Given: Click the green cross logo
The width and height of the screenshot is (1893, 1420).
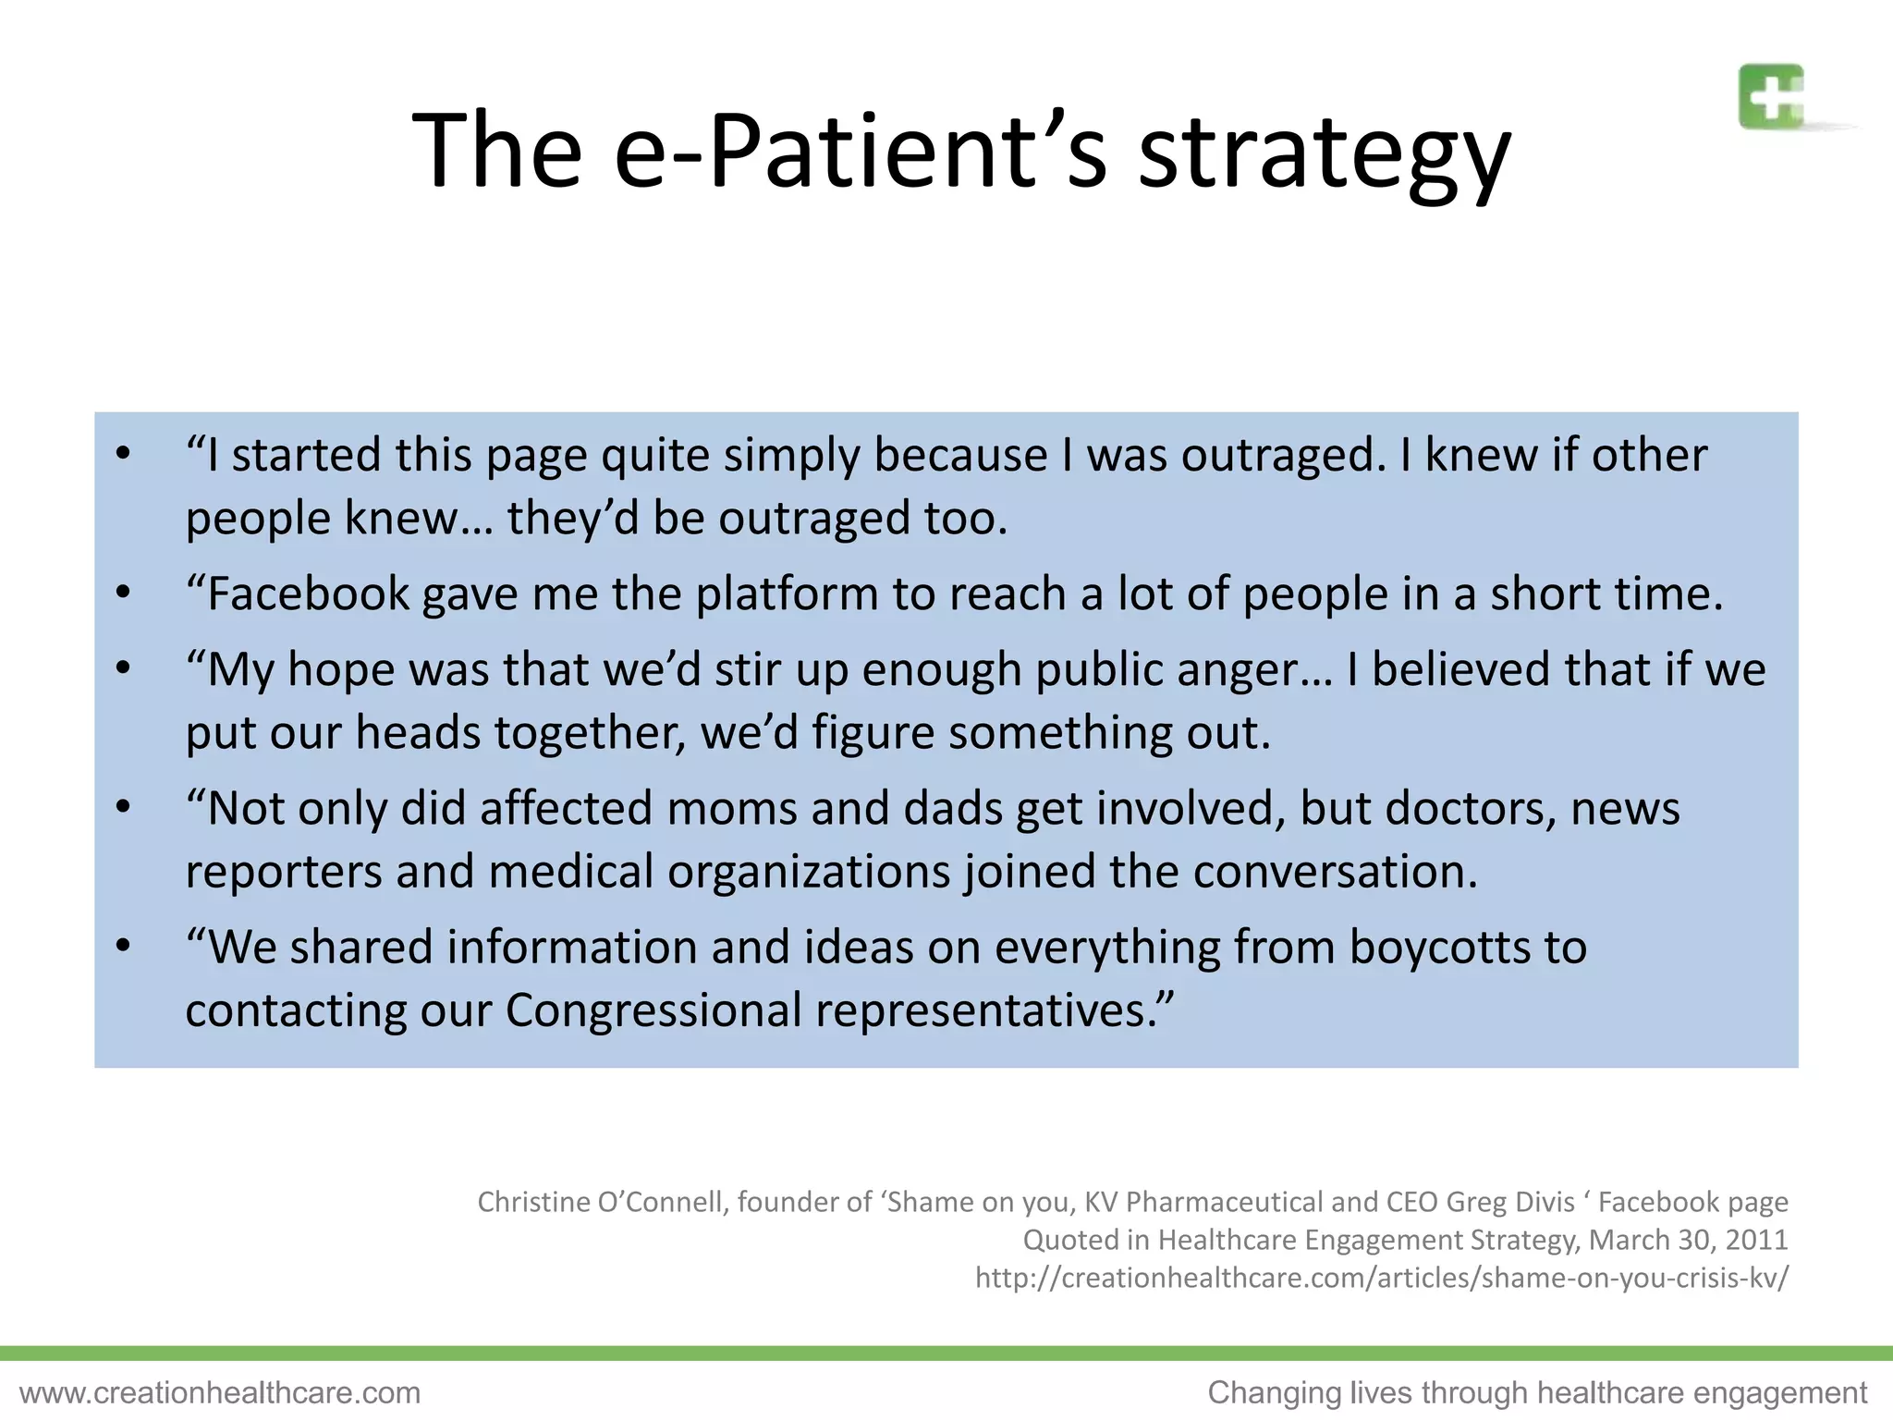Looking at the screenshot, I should point(1771,96).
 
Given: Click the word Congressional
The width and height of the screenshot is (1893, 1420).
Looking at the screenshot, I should point(653,1010).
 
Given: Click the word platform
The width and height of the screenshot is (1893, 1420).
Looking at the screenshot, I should point(787,594).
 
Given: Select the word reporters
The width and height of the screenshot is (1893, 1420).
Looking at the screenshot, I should point(284,872).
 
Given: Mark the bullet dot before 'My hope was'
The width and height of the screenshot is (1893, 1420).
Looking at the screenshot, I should point(123,668).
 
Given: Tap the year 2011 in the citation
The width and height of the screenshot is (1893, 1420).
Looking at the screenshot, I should point(1756,1240).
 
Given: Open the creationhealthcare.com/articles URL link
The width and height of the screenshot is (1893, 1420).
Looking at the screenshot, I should point(1382,1278).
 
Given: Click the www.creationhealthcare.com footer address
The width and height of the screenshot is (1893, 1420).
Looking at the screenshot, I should point(220,1392).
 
